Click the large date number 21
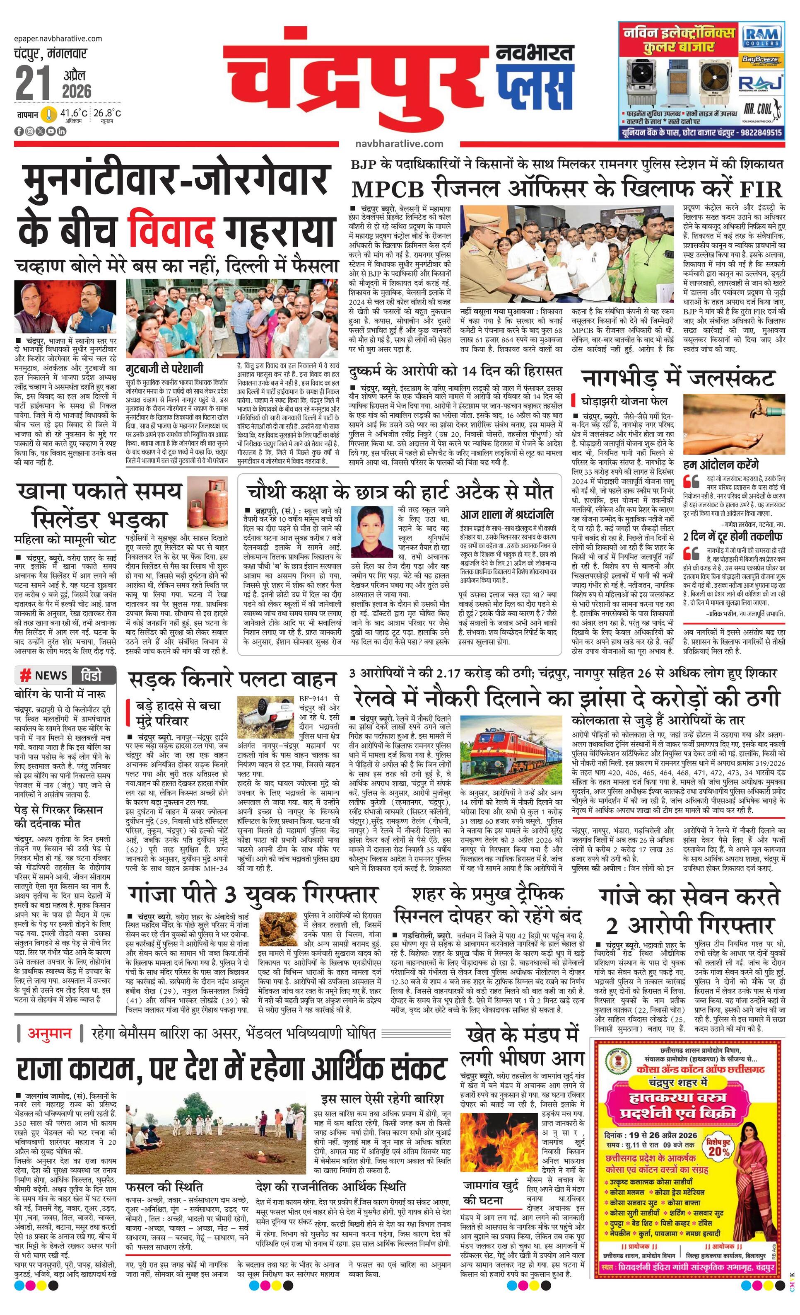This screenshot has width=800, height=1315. (x=33, y=83)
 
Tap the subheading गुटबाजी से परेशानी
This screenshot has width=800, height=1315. (x=164, y=369)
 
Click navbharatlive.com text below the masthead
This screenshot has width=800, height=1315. (x=399, y=143)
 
